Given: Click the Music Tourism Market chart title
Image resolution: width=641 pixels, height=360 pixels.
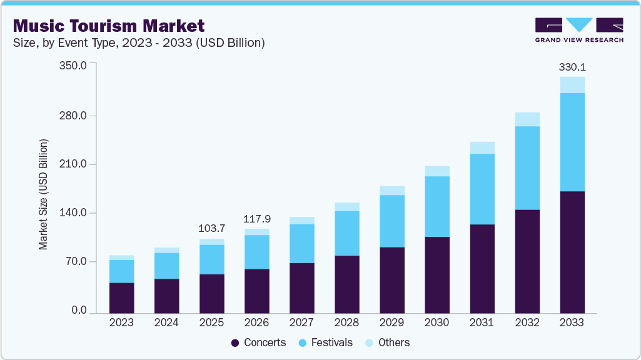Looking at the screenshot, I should tap(109, 26).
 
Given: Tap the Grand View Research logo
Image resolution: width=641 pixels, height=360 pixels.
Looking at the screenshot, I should tap(579, 30).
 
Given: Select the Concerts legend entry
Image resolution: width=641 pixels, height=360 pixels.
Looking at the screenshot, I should tap(259, 342).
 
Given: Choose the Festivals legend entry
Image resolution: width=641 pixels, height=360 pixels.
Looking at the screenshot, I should tap(325, 342).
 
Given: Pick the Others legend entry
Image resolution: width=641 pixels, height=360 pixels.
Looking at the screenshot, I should tap(387, 342).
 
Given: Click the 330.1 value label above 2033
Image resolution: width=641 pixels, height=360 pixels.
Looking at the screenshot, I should tap(572, 66).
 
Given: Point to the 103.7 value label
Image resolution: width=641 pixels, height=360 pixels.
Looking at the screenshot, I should tap(212, 228).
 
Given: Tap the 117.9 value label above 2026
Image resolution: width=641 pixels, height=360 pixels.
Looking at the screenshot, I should tap(257, 219).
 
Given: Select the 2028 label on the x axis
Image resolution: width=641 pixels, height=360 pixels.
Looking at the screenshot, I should tap(347, 322).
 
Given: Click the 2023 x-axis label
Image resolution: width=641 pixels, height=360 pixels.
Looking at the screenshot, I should tap(121, 322).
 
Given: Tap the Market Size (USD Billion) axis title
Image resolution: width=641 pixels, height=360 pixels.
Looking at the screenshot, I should tap(43, 194).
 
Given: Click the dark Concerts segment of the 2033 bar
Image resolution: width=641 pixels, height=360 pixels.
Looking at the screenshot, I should tap(572, 252).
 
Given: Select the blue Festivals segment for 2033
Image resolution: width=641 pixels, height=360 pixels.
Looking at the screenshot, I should tap(572, 142).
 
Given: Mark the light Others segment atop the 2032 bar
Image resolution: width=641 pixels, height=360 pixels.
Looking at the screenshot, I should tap(527, 119).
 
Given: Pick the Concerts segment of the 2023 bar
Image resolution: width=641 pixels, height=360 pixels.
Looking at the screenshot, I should tap(121, 297).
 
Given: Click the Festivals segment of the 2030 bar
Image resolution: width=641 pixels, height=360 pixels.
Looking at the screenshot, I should tap(437, 206).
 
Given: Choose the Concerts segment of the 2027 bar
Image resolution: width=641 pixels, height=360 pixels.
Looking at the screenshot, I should tap(302, 287).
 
